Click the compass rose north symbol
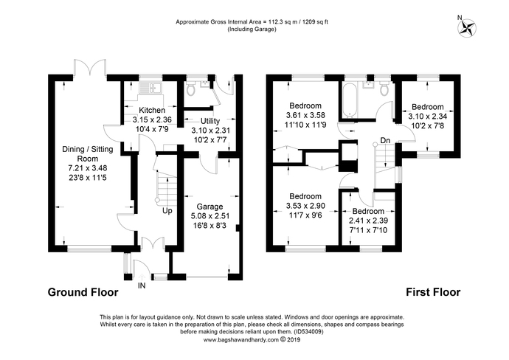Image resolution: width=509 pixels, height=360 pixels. (467, 27)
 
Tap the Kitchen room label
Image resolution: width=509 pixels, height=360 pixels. (152, 110)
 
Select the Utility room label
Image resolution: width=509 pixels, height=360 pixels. (210, 121)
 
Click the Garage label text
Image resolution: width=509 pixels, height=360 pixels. (210, 207)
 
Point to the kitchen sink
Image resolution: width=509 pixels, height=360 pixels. (150, 88)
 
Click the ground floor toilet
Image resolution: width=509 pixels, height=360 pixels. (190, 88)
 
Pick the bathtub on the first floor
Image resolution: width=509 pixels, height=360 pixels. (350, 100)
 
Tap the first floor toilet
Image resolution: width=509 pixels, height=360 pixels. (384, 88)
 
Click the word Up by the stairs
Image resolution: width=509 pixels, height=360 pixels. (167, 211)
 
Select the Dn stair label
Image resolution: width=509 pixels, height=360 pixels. (385, 141)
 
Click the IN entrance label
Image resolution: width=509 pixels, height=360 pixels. (142, 285)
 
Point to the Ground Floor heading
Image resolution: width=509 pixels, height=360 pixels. (83, 292)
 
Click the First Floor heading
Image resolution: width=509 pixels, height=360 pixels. (433, 292)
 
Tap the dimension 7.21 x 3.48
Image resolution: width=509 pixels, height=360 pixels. (88, 168)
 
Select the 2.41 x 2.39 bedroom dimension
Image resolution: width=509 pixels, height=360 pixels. (368, 221)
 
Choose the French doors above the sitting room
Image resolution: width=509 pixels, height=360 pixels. (90, 68)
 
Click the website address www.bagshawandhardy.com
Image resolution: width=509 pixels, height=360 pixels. (241, 340)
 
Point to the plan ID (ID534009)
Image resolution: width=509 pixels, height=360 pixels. (308, 332)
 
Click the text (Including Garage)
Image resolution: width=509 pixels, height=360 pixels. (252, 30)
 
